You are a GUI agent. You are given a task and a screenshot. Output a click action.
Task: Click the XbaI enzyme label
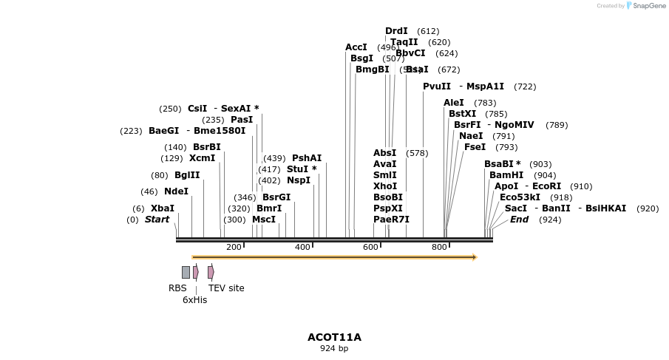click(x=163, y=208)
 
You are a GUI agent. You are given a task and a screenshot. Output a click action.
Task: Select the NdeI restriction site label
click(x=176, y=191)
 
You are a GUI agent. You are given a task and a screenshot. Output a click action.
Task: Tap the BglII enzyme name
click(x=187, y=175)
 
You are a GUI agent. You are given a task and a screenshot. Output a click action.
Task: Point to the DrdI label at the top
click(x=396, y=31)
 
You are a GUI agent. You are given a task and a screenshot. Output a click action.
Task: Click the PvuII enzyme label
click(x=437, y=86)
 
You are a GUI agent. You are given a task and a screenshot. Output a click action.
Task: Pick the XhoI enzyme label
click(x=385, y=186)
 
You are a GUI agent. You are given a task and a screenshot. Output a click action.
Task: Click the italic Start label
click(x=157, y=220)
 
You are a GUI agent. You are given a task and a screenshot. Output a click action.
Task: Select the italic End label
click(x=519, y=220)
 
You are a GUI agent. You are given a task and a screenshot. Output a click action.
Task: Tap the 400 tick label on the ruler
click(x=302, y=247)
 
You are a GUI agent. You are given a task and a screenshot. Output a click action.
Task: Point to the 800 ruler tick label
click(x=439, y=247)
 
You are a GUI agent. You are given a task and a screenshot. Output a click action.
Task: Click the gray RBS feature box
click(x=186, y=272)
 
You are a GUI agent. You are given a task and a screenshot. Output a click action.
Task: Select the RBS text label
click(x=177, y=288)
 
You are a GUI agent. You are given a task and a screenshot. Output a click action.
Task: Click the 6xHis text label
click(x=195, y=300)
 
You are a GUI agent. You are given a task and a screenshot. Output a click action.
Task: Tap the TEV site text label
click(x=226, y=288)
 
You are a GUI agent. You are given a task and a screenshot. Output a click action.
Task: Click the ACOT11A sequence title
click(x=334, y=337)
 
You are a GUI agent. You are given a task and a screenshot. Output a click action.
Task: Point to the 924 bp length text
click(x=334, y=348)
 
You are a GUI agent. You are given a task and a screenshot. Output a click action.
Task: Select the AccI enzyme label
click(x=356, y=47)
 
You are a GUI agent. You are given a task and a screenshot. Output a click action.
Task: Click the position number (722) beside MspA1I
click(x=525, y=87)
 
